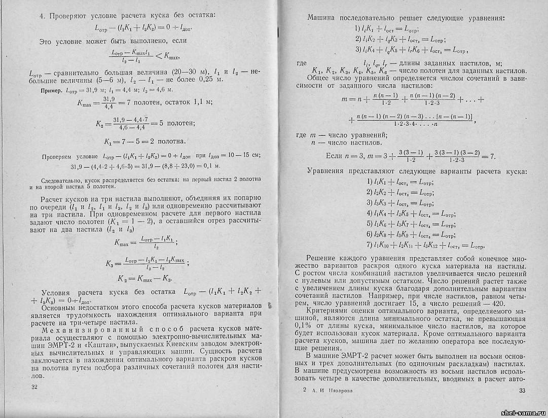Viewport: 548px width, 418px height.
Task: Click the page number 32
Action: [x=34, y=388]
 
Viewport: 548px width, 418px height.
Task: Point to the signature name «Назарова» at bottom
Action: [x=337, y=391]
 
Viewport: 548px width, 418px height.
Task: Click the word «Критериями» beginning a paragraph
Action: [x=328, y=310]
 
